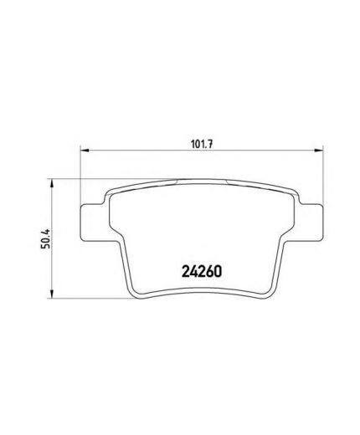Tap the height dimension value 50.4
tap(45, 238)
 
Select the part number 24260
tap(202, 271)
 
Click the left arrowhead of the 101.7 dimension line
tap(85, 151)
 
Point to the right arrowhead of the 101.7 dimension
tap(318, 151)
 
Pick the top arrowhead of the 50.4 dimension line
tap(51, 183)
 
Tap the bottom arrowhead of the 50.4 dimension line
tap(51, 294)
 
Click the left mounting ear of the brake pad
tap(92, 223)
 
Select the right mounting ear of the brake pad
tap(311, 223)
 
